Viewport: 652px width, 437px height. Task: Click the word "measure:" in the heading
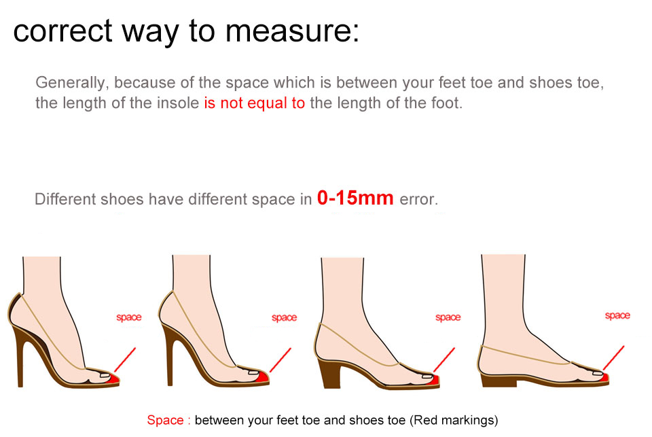pos(292,31)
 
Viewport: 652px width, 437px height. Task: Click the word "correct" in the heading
pos(62,31)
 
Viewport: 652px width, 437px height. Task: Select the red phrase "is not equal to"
pos(254,103)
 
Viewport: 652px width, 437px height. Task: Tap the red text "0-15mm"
pos(355,198)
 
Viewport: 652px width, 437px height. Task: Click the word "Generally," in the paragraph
pos(72,83)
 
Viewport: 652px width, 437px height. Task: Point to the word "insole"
pos(176,103)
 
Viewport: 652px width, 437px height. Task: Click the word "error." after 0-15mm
pos(419,199)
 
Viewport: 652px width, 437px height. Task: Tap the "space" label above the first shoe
pos(129,317)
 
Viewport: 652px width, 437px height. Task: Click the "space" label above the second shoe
pos(284,318)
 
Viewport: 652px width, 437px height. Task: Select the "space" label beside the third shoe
pos(448,317)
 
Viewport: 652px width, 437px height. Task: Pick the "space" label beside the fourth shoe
pos(617,316)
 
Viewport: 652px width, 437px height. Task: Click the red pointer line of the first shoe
pos(125,360)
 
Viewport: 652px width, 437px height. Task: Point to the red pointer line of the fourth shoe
pos(613,357)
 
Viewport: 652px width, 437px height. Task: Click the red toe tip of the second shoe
pos(263,378)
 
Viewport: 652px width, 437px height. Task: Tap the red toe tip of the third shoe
pos(435,380)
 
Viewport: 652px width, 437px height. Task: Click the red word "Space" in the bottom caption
pos(165,420)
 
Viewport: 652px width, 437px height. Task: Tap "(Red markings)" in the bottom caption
pos(454,421)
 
